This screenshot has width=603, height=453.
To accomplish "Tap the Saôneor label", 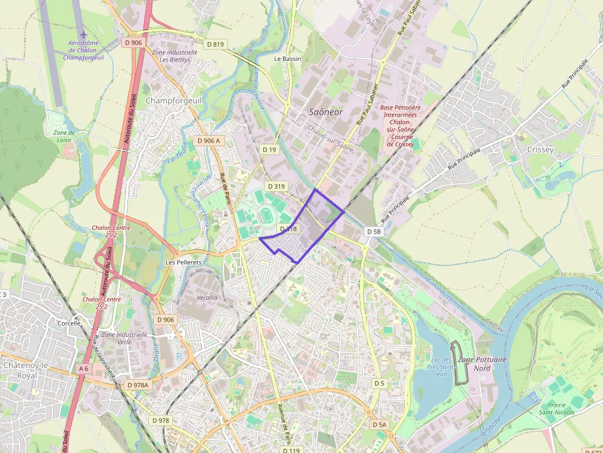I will pyautogui.click(x=325, y=112).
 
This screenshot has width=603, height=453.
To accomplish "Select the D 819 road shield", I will pyautogui.click(x=216, y=44).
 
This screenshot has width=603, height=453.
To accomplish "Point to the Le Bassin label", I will pyautogui.click(x=287, y=59).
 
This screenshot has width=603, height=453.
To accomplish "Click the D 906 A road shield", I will pyautogui.click(x=207, y=141).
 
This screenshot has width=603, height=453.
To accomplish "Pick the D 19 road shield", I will pyautogui.click(x=269, y=149).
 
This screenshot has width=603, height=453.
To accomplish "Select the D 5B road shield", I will pyautogui.click(x=373, y=232).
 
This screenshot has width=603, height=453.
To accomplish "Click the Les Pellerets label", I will pyautogui.click(x=183, y=262).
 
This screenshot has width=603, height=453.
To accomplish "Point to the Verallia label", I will pyautogui.click(x=207, y=297).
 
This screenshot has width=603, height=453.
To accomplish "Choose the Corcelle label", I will pyautogui.click(x=68, y=323).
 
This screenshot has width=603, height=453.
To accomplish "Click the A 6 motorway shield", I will pyautogui.click(x=84, y=368).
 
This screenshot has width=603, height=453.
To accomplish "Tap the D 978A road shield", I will pyautogui.click(x=138, y=385).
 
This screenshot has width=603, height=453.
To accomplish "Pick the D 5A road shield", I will pyautogui.click(x=379, y=425).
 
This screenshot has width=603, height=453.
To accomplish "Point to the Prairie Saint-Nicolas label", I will pyautogui.click(x=556, y=408).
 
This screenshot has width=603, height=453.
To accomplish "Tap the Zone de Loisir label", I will pyautogui.click(x=63, y=136).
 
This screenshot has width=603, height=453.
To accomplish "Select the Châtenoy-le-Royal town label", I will pyautogui.click(x=28, y=370).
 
